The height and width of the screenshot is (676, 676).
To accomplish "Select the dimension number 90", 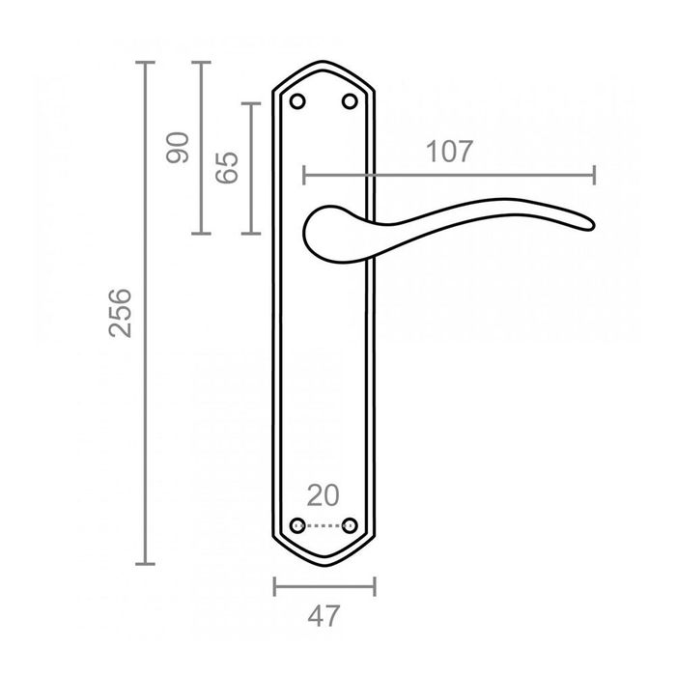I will pos(179,148).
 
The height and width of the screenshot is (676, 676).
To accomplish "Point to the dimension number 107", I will pos(448,152).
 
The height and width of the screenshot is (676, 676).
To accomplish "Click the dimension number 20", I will pos(323,495).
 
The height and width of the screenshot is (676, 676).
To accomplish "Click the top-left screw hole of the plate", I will pos(297,101).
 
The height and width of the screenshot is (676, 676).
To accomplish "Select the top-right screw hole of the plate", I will pos(349,101).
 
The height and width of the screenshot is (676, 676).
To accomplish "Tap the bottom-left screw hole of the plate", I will pos(297,526).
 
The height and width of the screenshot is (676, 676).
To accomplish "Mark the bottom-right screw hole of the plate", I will pos(350,526).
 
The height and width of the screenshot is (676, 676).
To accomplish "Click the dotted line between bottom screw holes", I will pos(324,526).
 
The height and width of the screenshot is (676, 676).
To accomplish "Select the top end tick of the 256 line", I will pos(145,63).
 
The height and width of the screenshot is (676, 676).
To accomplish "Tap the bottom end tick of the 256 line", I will pos(145,564).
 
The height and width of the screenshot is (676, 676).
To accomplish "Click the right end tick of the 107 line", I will pos(594,175).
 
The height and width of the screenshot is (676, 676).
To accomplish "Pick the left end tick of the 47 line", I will pos(274,586).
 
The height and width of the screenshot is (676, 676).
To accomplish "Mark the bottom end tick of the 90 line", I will pos(200,234).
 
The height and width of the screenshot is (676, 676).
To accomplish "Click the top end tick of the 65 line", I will pos(251,102).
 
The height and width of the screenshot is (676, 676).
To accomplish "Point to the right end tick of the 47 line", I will pos(375,586).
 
